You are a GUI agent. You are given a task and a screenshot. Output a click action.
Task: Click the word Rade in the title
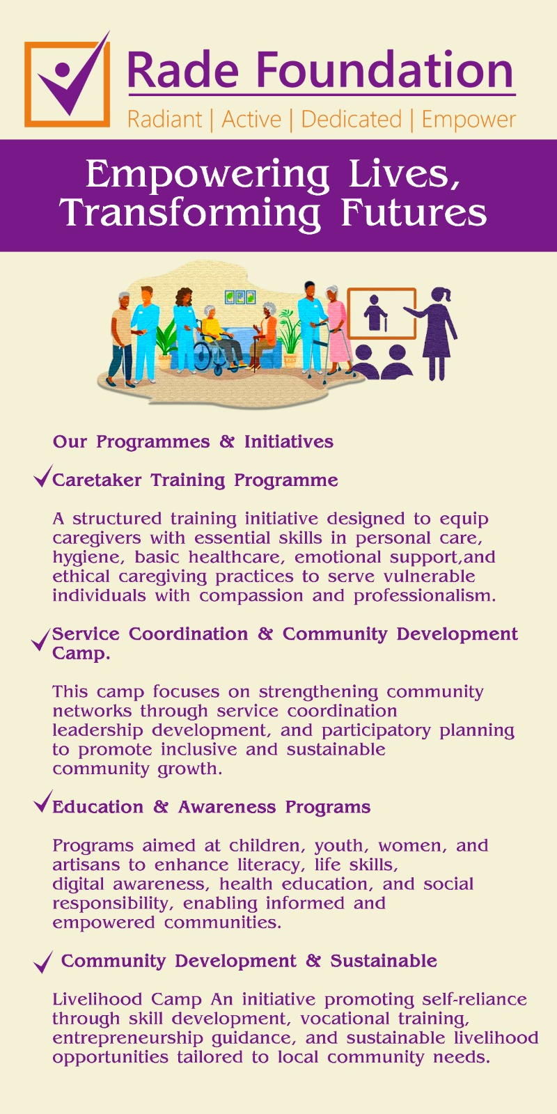pos(183,70)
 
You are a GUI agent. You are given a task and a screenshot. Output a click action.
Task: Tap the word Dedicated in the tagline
pos(351,119)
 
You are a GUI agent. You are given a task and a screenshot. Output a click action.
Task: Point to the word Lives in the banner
pos(404,175)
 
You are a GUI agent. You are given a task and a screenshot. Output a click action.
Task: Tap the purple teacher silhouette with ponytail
pos(432,334)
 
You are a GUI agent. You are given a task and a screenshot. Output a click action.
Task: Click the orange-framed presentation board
pos(382,313)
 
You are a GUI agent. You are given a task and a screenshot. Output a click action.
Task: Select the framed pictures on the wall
pos(240,297)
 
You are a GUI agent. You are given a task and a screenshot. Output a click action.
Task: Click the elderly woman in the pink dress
pos(337,330)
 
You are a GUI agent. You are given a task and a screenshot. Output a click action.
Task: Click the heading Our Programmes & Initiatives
pos(193,441)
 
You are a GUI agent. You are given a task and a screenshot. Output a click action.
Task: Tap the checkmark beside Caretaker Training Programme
pos(42,476)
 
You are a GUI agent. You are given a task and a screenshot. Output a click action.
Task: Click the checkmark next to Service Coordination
pos(41,639)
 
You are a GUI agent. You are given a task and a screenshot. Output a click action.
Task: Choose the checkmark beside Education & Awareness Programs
pos(42,801)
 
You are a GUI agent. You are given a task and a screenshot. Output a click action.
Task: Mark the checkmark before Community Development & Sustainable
pos(42,962)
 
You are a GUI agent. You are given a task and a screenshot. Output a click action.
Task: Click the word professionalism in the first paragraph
pos(425,596)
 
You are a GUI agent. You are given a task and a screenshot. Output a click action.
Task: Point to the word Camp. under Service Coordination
pos(81,654)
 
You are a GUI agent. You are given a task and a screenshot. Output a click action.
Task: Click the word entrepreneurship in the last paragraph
pos(127,1039)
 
